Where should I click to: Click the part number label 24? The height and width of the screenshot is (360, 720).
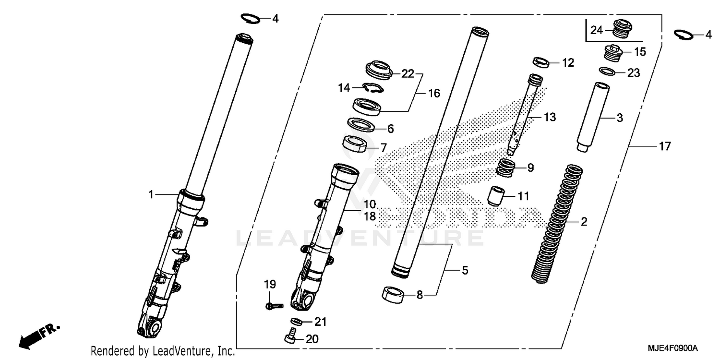596,30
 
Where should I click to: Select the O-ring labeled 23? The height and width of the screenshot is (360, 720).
607,72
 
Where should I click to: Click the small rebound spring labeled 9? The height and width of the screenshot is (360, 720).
505,168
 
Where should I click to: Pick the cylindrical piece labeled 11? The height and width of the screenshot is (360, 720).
497,195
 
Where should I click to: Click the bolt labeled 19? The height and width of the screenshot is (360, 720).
271,305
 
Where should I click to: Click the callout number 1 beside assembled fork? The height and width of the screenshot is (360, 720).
151,194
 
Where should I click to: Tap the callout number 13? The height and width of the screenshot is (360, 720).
550,117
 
